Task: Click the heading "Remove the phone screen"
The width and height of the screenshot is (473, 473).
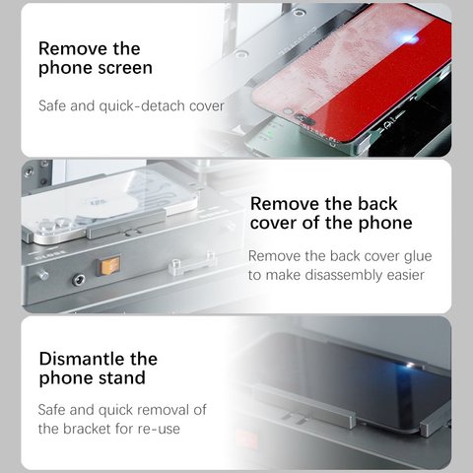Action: coord(96,58)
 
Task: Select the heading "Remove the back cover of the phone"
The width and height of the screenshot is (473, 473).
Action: coord(331,214)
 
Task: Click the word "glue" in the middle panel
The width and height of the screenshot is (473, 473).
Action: coord(418,256)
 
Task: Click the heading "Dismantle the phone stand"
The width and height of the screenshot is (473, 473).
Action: coord(99,369)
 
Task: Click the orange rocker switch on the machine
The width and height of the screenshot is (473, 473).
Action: coord(109,266)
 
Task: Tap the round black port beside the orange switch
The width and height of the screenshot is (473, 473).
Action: coord(79,280)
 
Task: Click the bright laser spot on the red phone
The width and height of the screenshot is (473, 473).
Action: coord(408,39)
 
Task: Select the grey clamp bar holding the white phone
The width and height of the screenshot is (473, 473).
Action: coord(126,224)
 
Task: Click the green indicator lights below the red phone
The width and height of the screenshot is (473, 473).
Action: coord(270,134)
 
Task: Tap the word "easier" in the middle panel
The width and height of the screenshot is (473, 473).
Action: coord(406,275)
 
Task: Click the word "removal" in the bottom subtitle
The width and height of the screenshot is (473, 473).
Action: coord(161,410)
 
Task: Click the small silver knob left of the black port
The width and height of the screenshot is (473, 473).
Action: coord(43,275)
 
